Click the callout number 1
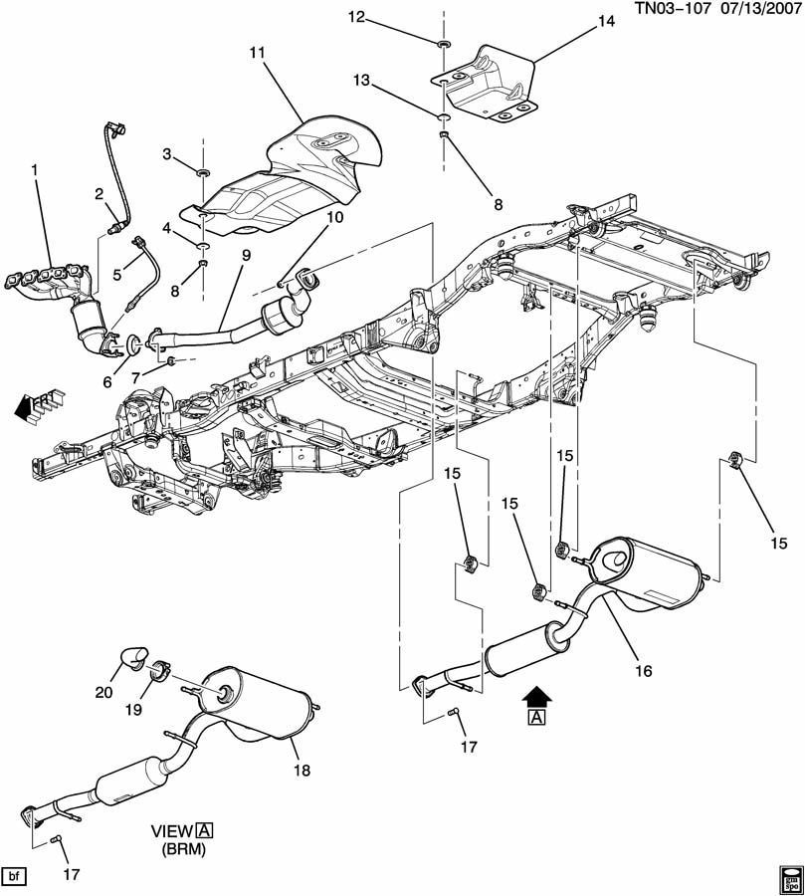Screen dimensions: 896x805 pos(35,170)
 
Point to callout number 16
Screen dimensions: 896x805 pos(644,671)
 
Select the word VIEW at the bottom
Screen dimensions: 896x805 pos(170,829)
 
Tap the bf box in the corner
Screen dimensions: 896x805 pos(15,877)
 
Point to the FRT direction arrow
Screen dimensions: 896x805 pos(40,404)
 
